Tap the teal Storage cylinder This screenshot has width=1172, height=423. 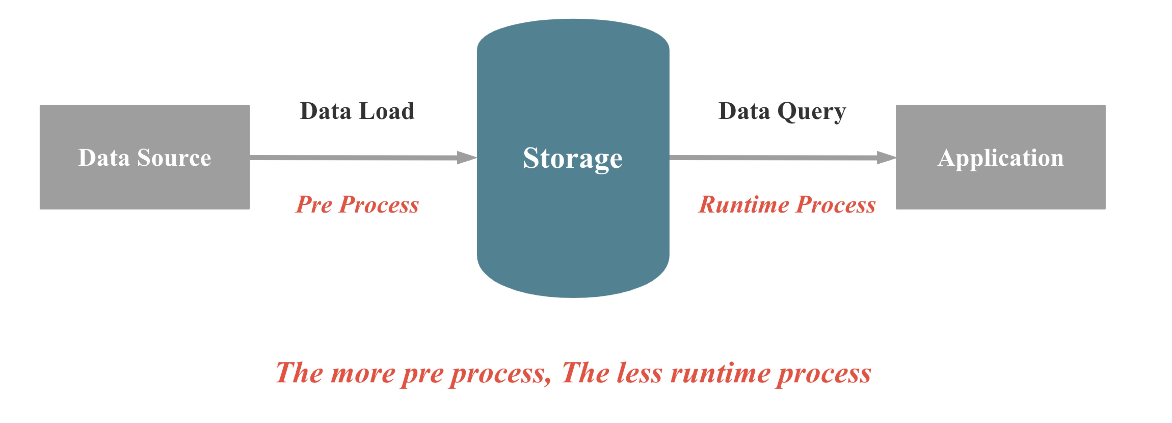(x=573, y=227)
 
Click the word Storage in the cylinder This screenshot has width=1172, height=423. (x=573, y=158)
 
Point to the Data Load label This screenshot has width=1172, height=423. (x=357, y=111)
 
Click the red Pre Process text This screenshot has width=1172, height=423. (x=357, y=204)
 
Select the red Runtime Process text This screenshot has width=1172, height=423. (x=787, y=204)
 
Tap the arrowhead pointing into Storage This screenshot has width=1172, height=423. (x=466, y=158)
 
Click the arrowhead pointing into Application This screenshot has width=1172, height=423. (x=886, y=158)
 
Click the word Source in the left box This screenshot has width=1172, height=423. (x=174, y=158)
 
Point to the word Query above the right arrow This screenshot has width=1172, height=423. (x=811, y=112)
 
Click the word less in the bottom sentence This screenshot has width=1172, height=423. (x=639, y=373)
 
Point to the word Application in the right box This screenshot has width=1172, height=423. (x=1000, y=158)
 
